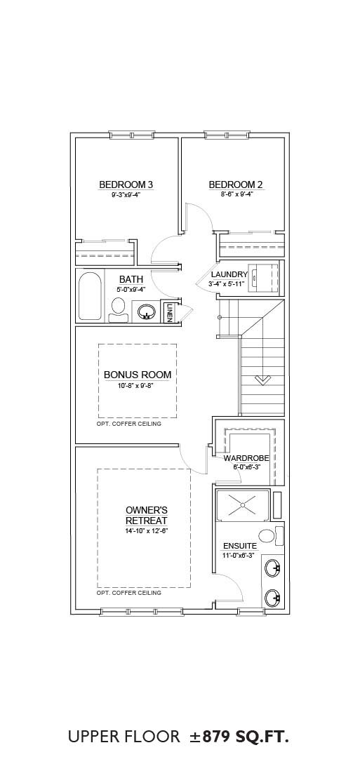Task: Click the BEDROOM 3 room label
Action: pyautogui.click(x=126, y=185)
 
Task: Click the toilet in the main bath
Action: pyautogui.click(x=119, y=310)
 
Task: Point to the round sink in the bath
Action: pyautogui.click(x=146, y=311)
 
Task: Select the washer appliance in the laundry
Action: pyautogui.click(x=264, y=278)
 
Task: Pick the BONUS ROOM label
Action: pyautogui.click(x=138, y=375)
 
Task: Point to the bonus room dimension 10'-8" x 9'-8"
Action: pyautogui.click(x=138, y=385)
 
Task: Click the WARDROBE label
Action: pyautogui.click(x=244, y=459)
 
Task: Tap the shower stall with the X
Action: pyautogui.click(x=242, y=505)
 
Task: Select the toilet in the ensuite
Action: pyautogui.click(x=271, y=536)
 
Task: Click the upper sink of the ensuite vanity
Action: pyautogui.click(x=272, y=568)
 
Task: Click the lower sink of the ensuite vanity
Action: pyautogui.click(x=272, y=597)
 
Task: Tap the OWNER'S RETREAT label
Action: pyautogui.click(x=147, y=515)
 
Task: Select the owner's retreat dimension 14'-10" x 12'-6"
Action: pyautogui.click(x=147, y=530)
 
